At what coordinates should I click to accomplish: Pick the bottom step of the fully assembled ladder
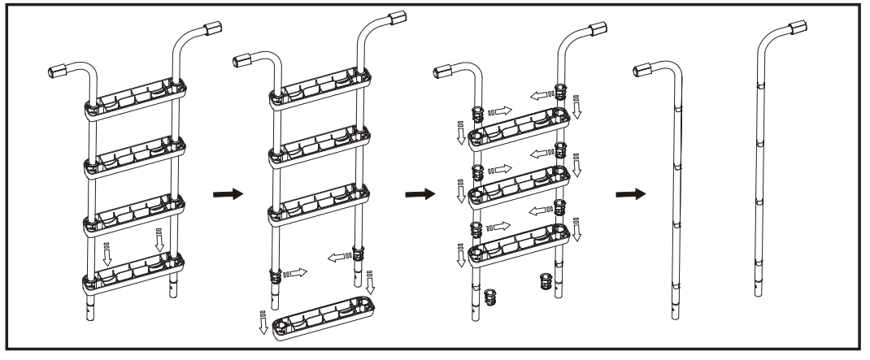click(133, 273)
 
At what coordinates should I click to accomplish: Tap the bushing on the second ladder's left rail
click(279, 275)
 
